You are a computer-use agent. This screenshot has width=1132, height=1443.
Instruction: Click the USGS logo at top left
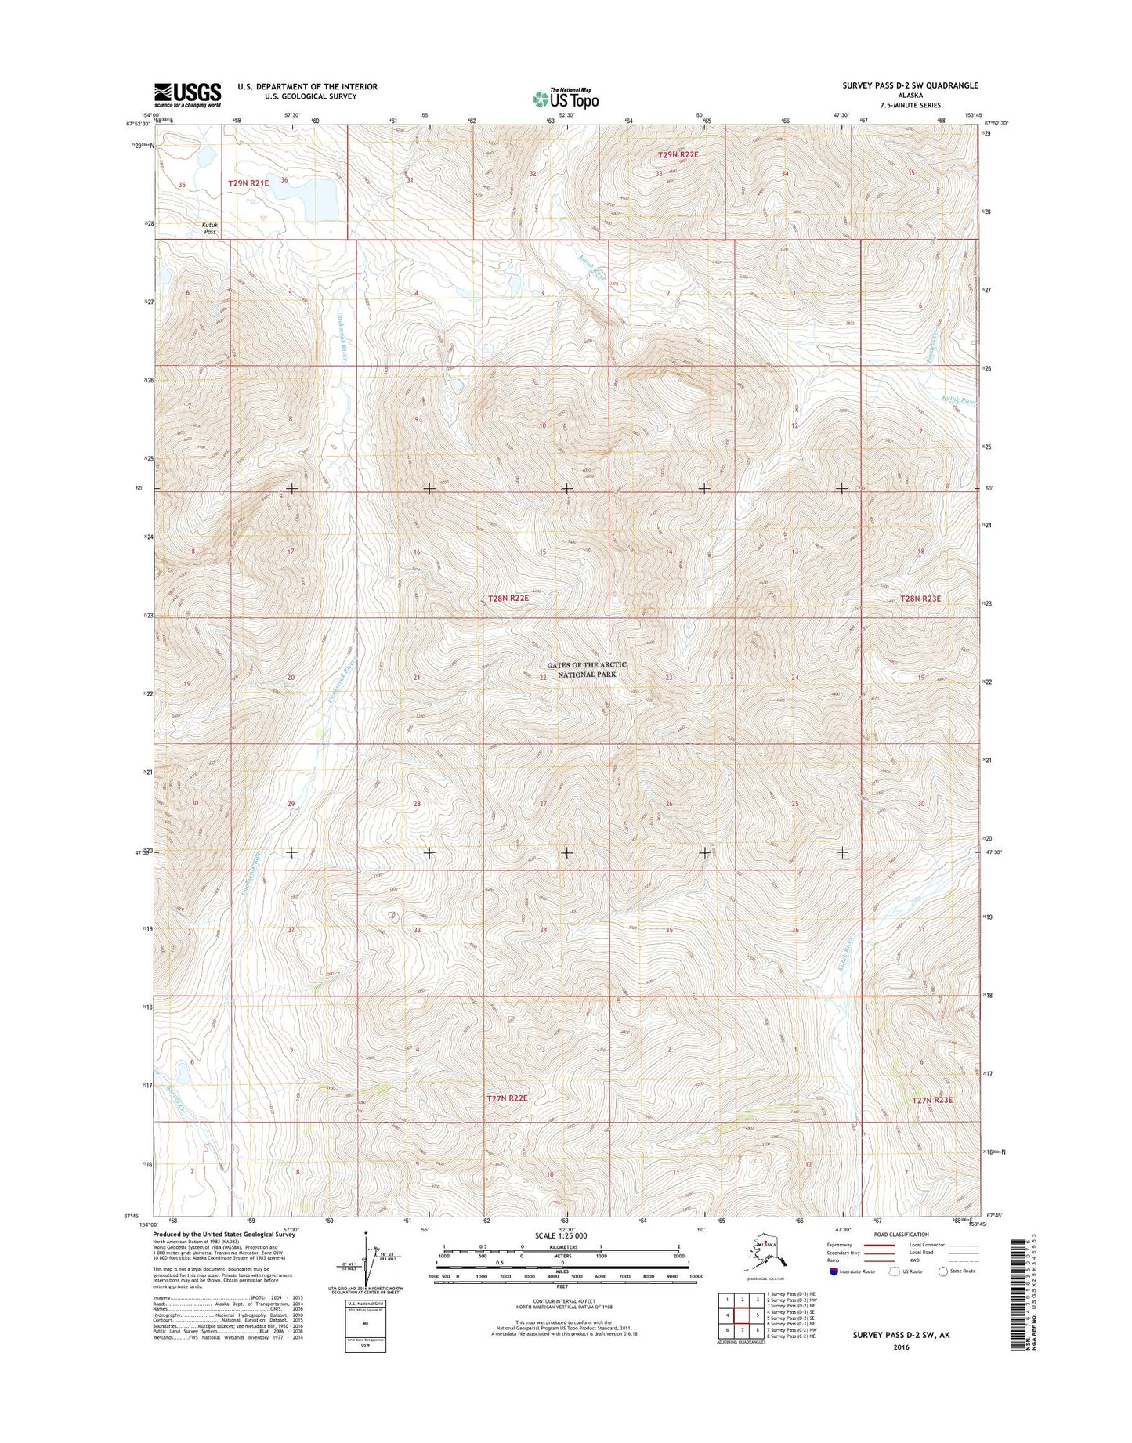pyautogui.click(x=187, y=95)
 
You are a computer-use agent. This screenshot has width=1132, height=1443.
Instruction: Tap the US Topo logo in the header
pyautogui.click(x=566, y=99)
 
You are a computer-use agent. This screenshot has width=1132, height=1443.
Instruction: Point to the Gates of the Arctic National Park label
pyautogui.click(x=587, y=670)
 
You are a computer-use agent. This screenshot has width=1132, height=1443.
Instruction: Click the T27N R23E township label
pyautogui.click(x=932, y=1100)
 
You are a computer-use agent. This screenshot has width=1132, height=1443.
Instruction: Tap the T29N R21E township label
pyautogui.click(x=248, y=183)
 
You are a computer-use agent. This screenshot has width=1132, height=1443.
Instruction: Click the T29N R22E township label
pyautogui.click(x=677, y=155)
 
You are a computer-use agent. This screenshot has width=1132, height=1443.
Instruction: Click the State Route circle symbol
pyautogui.click(x=942, y=1271)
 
